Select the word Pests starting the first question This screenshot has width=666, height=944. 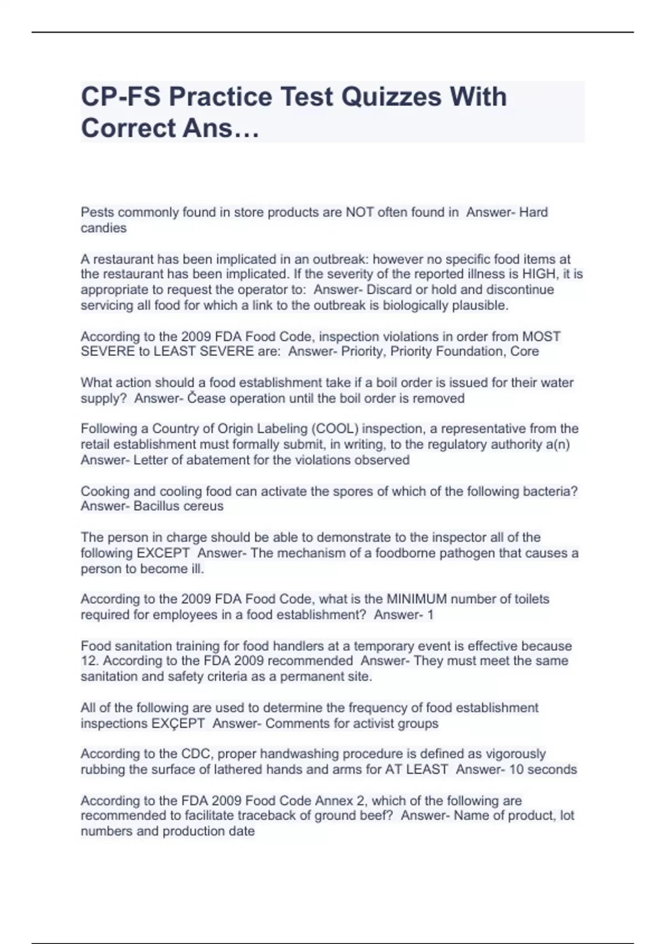coord(98,212)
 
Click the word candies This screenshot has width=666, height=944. coord(104,228)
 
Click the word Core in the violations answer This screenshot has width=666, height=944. coord(525,352)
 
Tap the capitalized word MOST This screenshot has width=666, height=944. coord(542,337)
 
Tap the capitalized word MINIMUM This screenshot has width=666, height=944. coord(416,599)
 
